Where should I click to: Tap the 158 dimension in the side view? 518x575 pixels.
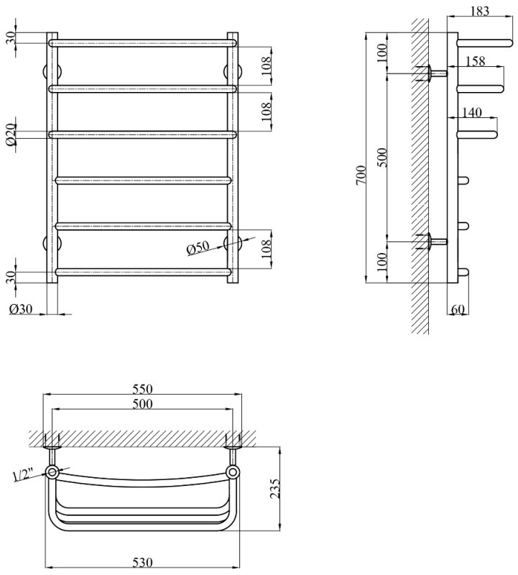474,63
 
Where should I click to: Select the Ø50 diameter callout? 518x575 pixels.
197,249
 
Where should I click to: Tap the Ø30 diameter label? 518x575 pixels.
21,309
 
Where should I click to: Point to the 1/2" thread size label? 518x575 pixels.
24,474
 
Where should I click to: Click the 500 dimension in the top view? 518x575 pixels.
142,405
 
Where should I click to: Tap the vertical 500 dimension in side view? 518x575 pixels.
382,157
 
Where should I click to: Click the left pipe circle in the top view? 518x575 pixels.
53,472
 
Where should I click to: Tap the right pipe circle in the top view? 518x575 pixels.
233,472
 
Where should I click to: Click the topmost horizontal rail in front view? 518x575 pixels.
142,43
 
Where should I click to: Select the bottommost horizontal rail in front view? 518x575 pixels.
142,272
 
